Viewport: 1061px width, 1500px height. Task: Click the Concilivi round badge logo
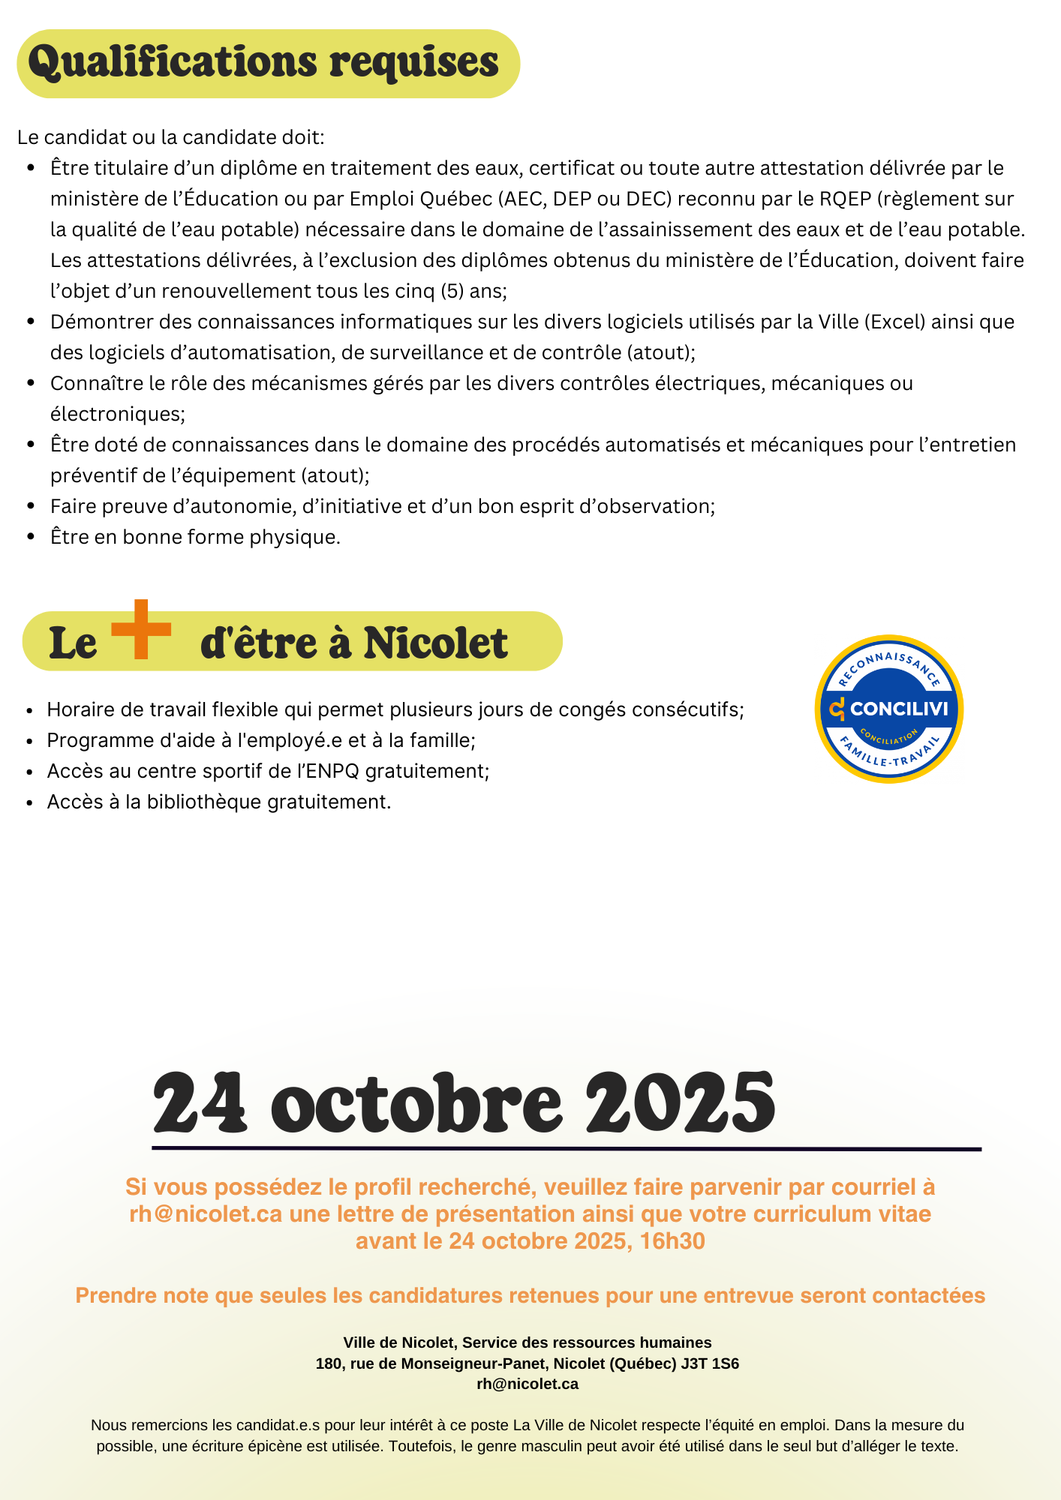click(888, 709)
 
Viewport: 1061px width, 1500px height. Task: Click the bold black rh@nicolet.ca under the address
click(527, 1384)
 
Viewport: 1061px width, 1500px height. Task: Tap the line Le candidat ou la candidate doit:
click(170, 138)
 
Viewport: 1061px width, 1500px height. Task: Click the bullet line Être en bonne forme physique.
click(195, 537)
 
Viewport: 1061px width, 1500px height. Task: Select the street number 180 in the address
click(329, 1363)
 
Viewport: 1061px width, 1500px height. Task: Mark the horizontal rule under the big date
click(567, 1148)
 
